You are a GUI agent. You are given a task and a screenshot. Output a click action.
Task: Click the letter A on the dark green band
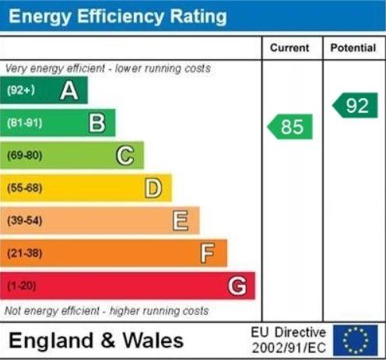(69, 91)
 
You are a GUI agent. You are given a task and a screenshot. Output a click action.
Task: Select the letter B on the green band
(97, 123)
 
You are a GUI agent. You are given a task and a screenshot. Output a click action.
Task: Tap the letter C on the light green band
(125, 156)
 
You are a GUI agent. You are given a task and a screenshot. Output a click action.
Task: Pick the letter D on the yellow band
(153, 188)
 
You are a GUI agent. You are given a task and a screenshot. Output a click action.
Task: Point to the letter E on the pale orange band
(181, 221)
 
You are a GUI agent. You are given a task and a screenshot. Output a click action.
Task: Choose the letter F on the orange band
(207, 253)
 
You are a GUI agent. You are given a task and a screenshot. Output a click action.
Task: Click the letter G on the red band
(237, 286)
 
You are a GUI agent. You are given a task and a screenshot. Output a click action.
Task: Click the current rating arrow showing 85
(290, 127)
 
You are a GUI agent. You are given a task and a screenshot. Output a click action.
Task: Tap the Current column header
(289, 48)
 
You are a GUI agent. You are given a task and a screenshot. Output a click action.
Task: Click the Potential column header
(353, 48)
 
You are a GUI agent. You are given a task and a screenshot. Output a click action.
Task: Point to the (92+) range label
(21, 91)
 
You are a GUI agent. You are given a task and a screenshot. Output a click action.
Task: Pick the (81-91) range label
(24, 123)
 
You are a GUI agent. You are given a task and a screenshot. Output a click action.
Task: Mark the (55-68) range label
(24, 188)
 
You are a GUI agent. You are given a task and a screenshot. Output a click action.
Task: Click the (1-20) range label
(21, 286)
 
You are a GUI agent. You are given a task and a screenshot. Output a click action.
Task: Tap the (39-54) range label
(24, 221)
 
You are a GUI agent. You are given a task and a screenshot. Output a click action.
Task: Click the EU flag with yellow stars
(356, 340)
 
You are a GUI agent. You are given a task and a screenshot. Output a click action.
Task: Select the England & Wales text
(96, 341)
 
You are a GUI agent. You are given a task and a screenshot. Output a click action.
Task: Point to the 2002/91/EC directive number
(289, 347)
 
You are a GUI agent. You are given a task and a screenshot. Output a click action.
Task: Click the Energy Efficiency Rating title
(118, 16)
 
